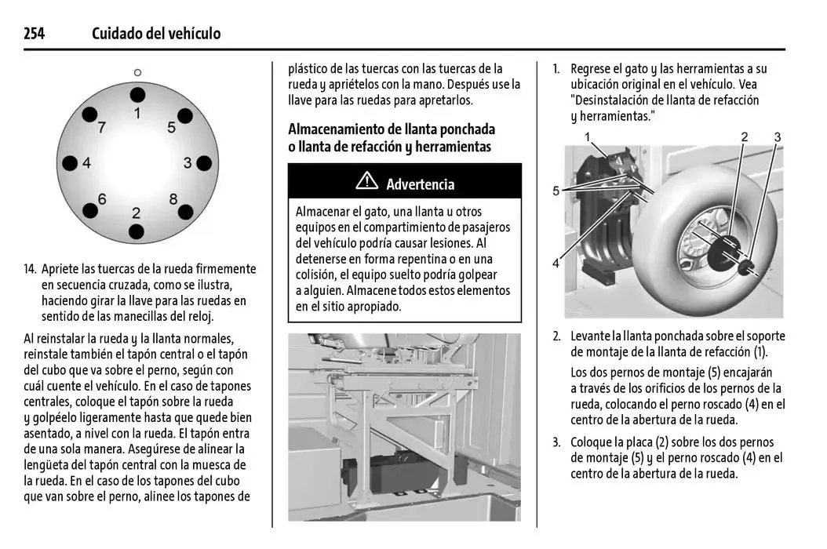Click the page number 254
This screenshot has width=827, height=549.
click(x=34, y=33)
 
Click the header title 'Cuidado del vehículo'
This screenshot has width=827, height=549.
click(x=156, y=33)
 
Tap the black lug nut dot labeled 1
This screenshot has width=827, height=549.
click(x=137, y=95)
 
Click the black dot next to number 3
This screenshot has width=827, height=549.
click(x=204, y=163)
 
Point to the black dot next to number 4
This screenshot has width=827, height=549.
click(x=70, y=163)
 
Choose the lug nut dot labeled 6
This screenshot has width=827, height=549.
click(x=89, y=210)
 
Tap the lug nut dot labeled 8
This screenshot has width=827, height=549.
click(x=184, y=210)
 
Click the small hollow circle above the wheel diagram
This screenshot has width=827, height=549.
click(x=137, y=72)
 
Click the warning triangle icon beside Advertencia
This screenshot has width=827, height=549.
click(x=366, y=181)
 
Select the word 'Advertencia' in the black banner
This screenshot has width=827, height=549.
click(x=420, y=184)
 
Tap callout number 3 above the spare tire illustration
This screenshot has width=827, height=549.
click(x=777, y=137)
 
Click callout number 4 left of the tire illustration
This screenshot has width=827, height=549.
click(x=556, y=264)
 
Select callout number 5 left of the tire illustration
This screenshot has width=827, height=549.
click(x=556, y=191)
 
